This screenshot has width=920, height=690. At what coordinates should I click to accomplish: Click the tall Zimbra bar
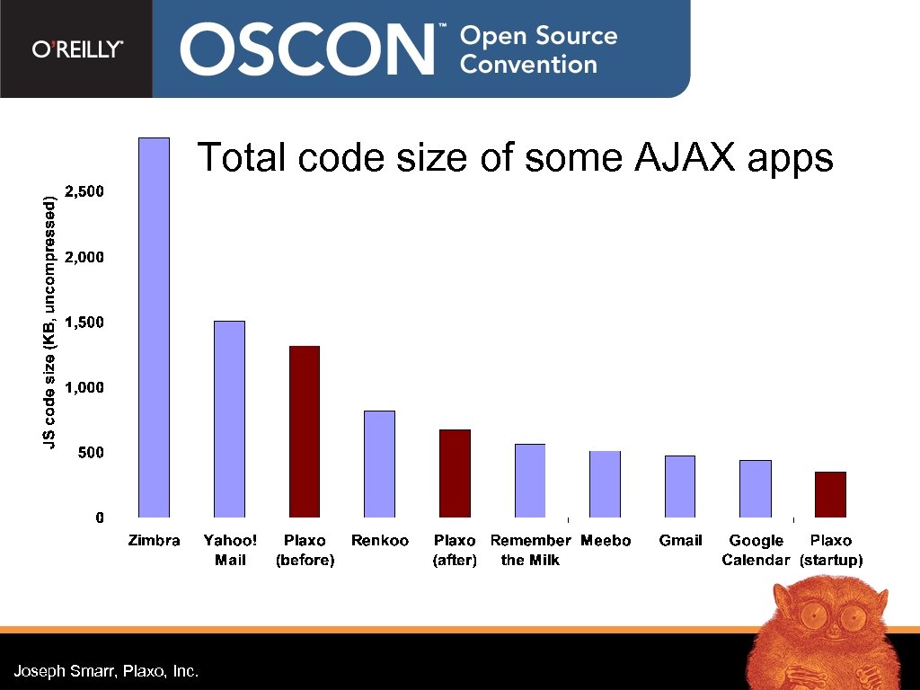point(155,328)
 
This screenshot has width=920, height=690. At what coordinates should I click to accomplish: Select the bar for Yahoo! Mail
point(230,419)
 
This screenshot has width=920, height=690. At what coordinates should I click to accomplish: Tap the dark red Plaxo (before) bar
point(305,431)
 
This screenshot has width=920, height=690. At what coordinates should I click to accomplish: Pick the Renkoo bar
point(379,464)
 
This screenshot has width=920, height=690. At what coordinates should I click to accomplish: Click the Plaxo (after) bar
point(455,473)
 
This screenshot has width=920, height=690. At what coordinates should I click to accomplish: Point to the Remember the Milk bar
point(530,481)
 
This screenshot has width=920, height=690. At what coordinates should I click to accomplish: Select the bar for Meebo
point(605,484)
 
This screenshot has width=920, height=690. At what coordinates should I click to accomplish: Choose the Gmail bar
point(680,486)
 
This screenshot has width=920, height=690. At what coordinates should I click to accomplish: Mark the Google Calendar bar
point(755,489)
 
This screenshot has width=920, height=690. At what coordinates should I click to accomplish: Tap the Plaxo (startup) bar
point(830,494)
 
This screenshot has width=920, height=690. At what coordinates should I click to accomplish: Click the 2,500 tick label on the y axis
point(86,191)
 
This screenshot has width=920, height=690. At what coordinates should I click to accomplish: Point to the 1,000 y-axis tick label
point(86,387)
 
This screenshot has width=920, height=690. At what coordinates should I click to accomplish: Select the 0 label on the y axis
point(100,517)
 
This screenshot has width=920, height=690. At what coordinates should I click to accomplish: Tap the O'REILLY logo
point(77,49)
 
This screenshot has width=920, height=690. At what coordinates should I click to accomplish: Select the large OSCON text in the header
point(311,49)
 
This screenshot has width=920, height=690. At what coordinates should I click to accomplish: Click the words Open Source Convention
point(539,49)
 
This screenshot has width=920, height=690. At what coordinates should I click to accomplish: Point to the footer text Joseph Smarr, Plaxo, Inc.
point(106,671)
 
